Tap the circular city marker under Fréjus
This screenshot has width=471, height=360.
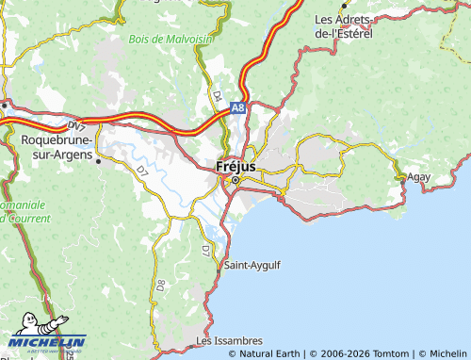tap(236, 179)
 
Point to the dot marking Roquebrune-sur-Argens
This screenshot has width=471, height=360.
tap(99, 160)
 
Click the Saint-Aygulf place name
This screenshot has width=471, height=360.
tap(252, 266)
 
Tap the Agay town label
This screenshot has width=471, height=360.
tap(419, 176)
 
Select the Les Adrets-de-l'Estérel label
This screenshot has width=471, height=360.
tap(344, 25)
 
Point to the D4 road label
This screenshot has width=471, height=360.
tap(216, 95)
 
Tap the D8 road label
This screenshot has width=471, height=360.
tap(160, 283)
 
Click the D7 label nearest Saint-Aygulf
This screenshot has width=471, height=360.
tap(204, 251)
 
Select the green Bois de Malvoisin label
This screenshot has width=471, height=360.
tap(170, 39)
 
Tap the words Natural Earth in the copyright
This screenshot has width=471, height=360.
tap(270, 353)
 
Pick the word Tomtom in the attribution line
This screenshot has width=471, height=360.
tap(390, 353)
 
